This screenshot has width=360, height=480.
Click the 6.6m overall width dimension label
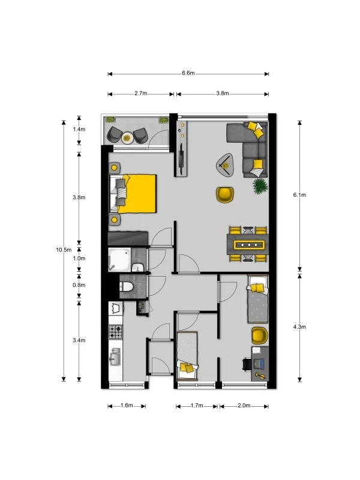(188, 73)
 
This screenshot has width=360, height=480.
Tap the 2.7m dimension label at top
(140, 94)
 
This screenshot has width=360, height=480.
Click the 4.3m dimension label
(299, 327)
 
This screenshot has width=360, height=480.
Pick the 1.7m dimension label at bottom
(197, 406)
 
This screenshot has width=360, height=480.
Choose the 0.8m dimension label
(79, 285)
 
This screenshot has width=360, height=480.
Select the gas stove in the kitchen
(115, 331)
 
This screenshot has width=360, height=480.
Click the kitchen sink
(115, 359)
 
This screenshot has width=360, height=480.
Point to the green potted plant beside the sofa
(259, 186)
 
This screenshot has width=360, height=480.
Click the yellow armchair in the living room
(224, 194)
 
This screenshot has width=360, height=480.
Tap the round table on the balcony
(127, 137)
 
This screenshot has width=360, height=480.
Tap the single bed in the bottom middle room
(187, 354)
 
